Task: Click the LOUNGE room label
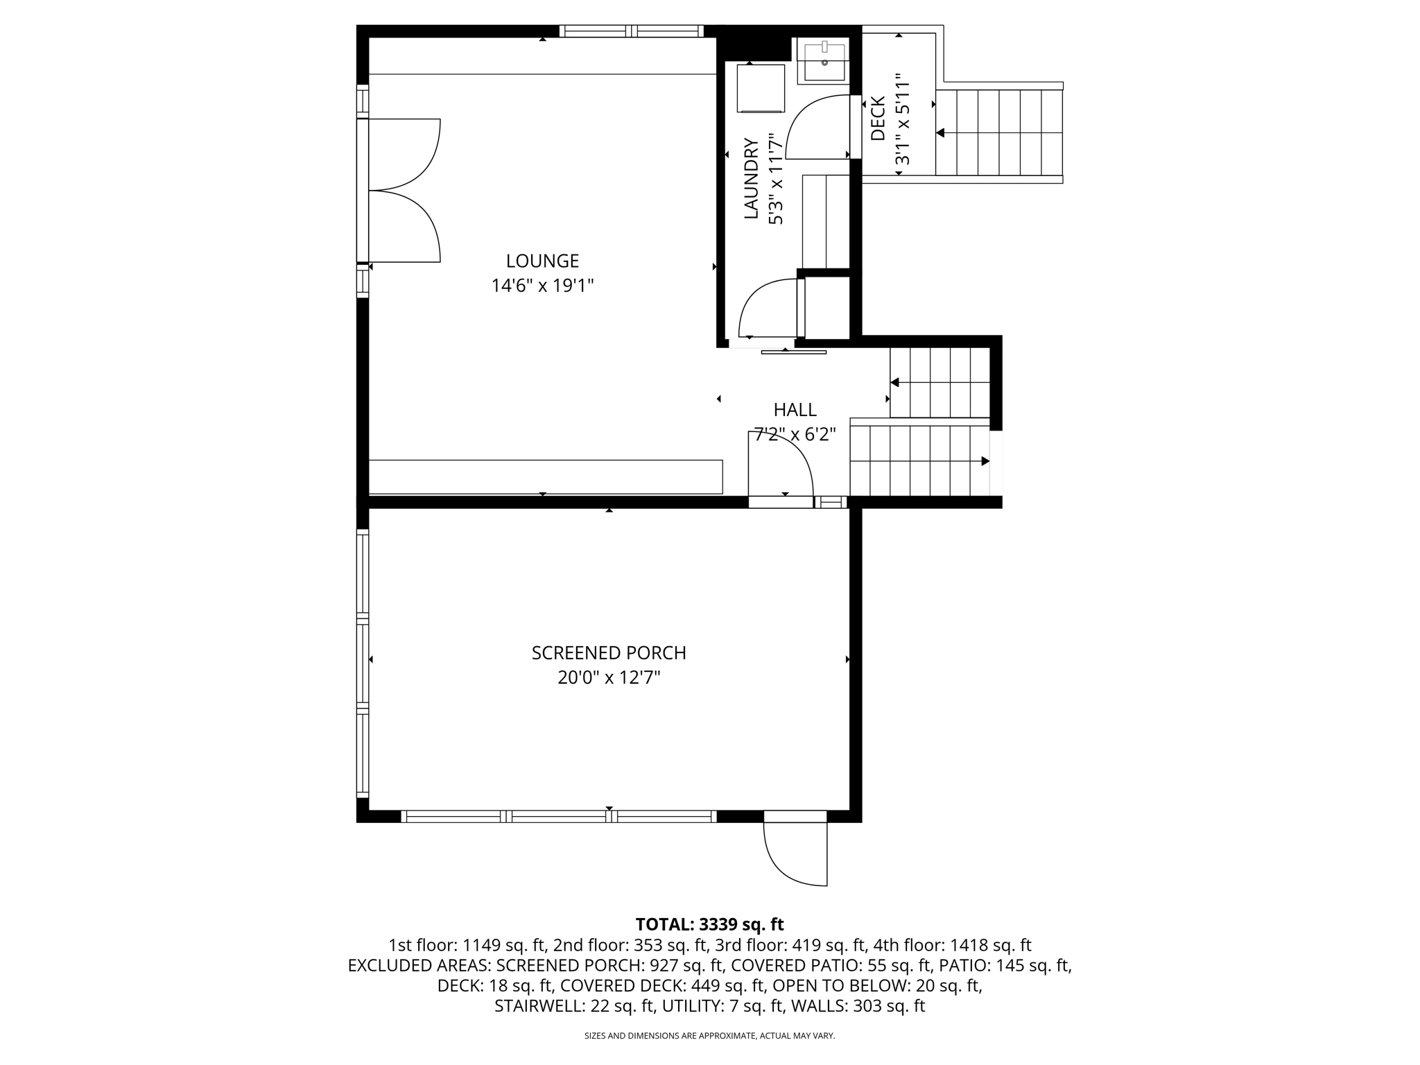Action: [x=542, y=261]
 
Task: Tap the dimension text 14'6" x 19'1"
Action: [x=542, y=286]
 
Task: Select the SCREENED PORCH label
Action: [x=609, y=653]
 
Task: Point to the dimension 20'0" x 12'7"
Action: [x=609, y=677]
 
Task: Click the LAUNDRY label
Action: [x=752, y=179]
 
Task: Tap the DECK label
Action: [x=878, y=119]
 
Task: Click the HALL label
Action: [x=795, y=410]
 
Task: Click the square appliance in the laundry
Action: [x=761, y=88]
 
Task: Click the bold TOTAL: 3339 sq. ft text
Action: [x=709, y=924]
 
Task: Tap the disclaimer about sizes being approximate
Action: [x=709, y=1036]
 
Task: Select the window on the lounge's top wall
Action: [x=631, y=31]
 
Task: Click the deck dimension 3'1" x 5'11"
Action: [x=901, y=120]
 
